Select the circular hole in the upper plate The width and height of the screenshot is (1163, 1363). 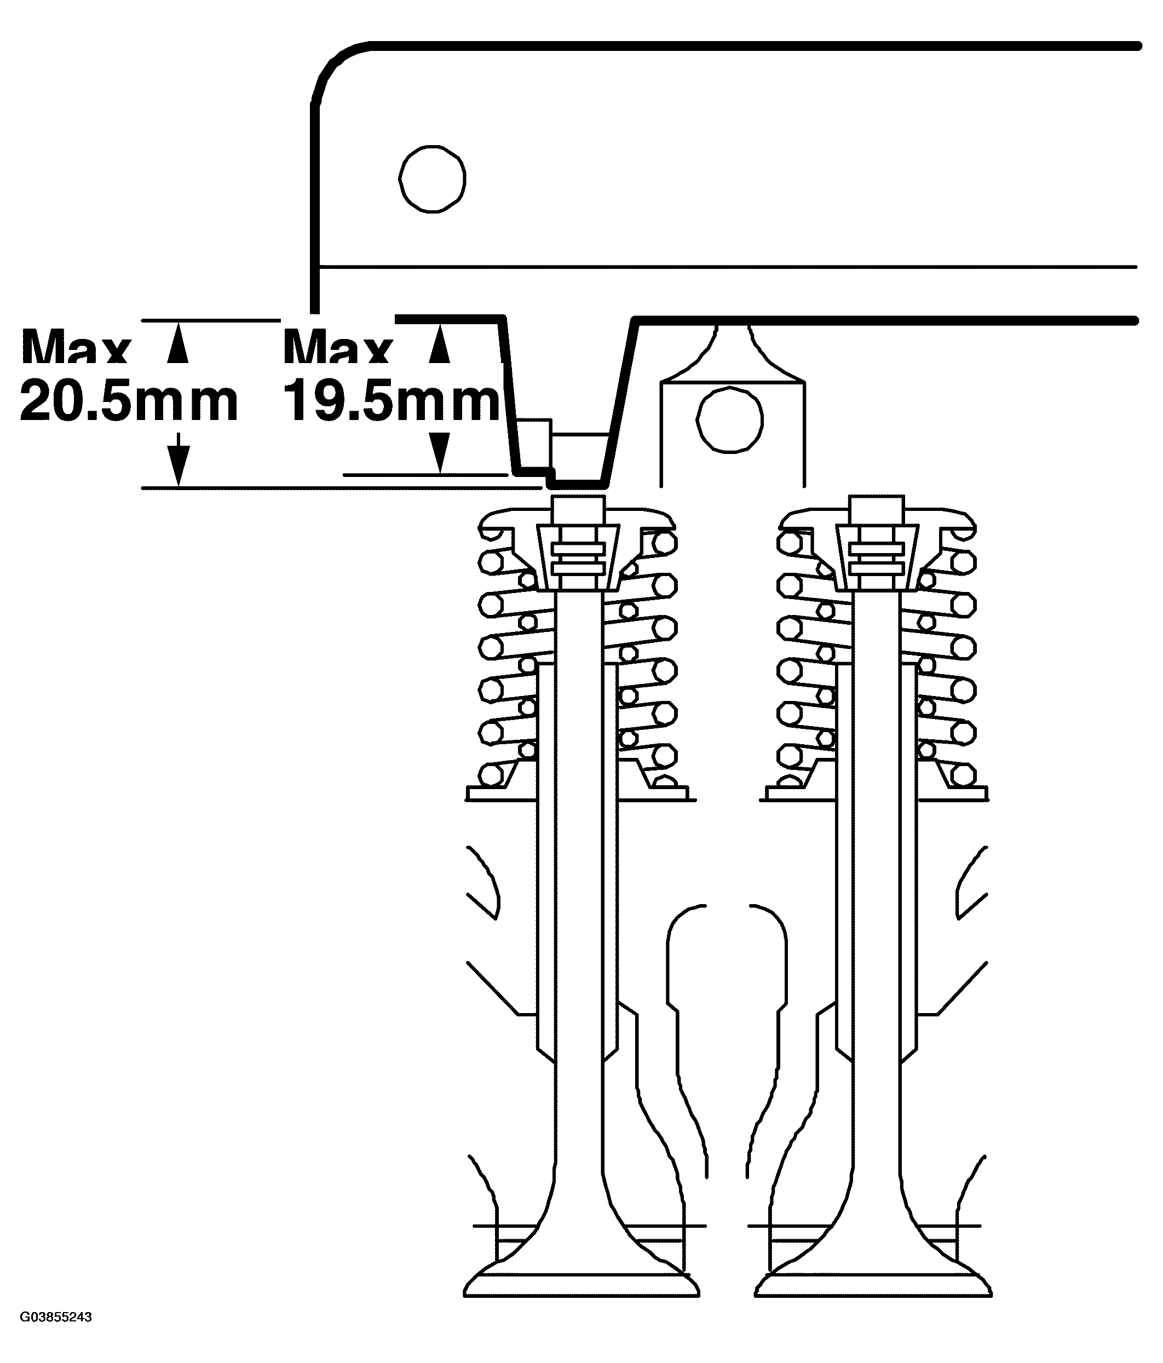pos(432,179)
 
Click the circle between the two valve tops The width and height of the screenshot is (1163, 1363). pos(729,419)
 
